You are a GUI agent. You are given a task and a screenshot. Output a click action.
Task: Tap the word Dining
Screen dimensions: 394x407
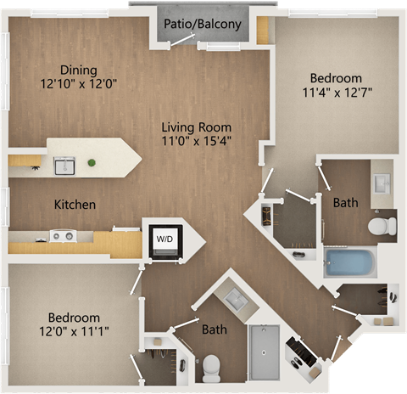(78, 70)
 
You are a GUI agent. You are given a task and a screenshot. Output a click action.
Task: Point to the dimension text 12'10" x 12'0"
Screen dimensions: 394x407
(78, 85)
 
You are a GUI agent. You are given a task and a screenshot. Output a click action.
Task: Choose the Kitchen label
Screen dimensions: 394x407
(75, 205)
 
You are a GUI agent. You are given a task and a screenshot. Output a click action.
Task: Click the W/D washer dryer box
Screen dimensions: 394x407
(163, 239)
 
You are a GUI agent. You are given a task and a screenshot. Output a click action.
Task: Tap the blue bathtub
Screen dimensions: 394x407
(350, 261)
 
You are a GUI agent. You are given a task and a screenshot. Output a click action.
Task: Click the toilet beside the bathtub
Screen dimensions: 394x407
(382, 226)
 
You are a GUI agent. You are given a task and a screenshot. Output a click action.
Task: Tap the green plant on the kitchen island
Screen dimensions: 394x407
(92, 162)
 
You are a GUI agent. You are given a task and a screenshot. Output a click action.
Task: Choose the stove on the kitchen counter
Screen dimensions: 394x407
(62, 236)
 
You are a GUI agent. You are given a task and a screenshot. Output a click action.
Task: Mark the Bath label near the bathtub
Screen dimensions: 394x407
(345, 203)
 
